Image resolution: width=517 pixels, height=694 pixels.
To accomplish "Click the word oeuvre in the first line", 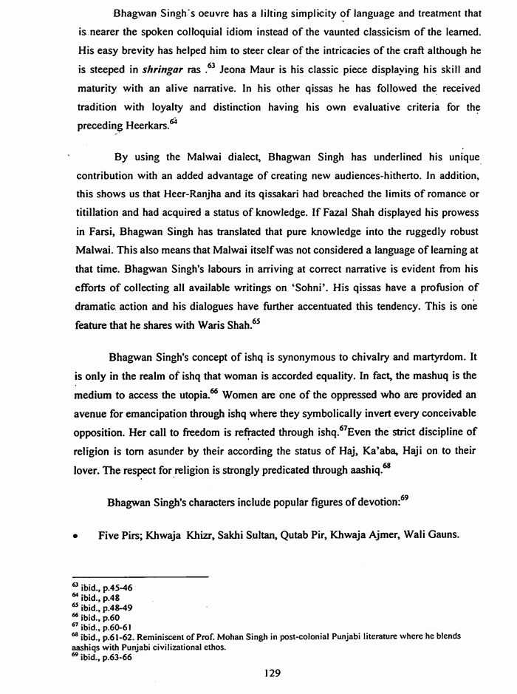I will coord(196,14).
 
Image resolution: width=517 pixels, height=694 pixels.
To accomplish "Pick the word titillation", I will coord(103,214).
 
